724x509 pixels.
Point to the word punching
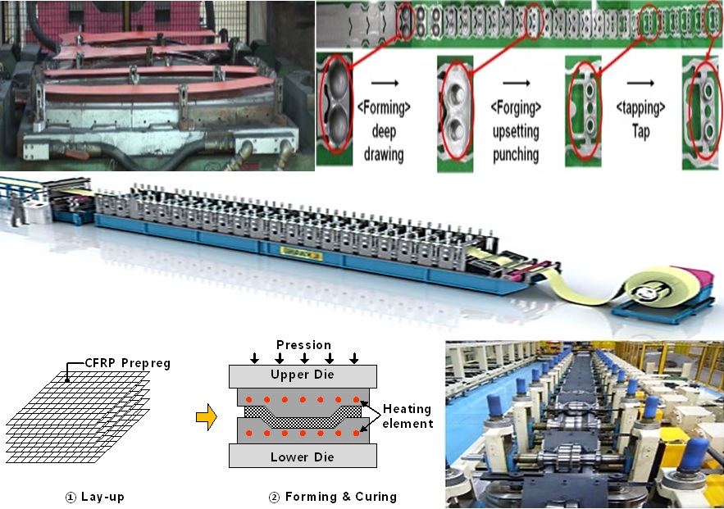click(x=516, y=153)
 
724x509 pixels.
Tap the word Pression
click(x=303, y=345)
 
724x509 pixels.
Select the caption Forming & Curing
click(x=334, y=496)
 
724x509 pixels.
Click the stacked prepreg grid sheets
click(x=78, y=410)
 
